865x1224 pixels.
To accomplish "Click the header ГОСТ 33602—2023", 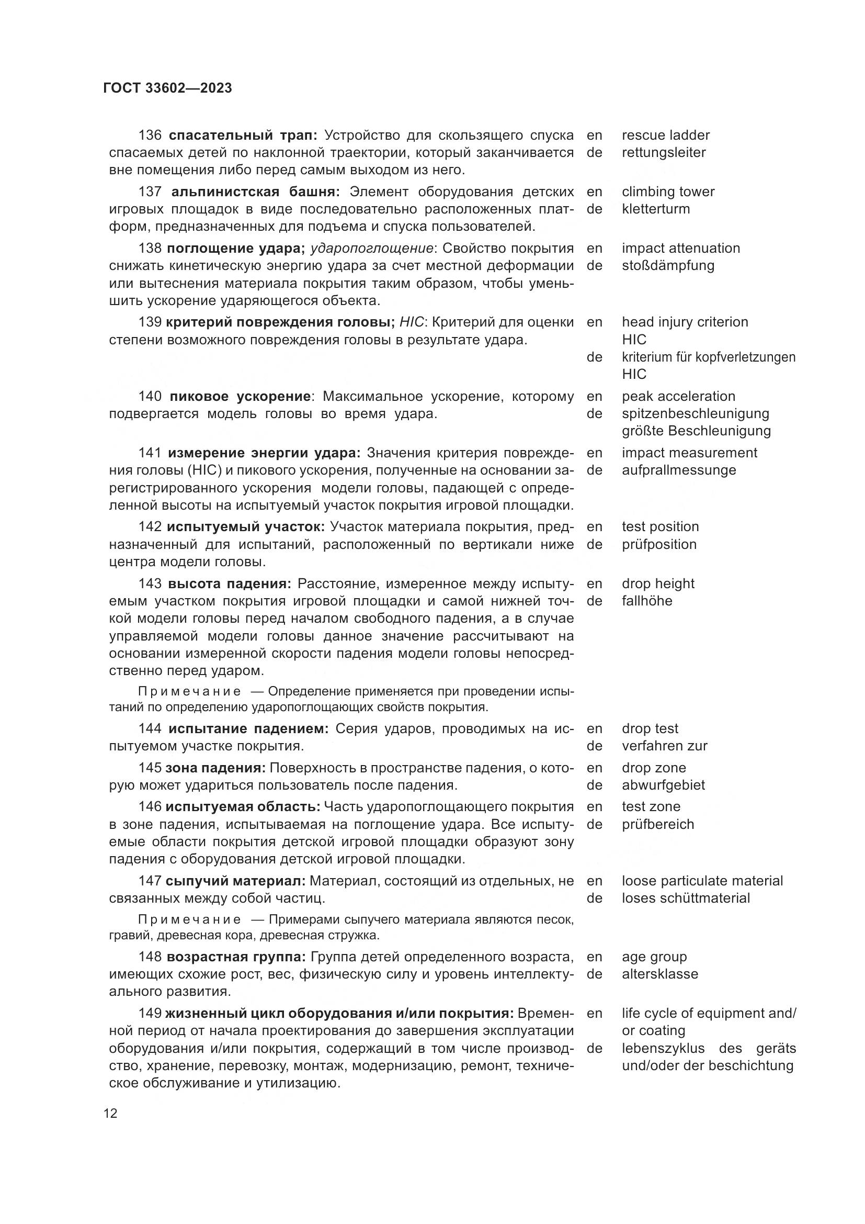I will click(x=167, y=88).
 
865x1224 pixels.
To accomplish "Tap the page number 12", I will click(x=110, y=1113).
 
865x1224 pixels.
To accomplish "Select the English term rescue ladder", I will click(x=665, y=135).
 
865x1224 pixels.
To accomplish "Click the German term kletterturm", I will click(x=655, y=209).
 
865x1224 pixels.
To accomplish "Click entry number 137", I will click(x=150, y=192).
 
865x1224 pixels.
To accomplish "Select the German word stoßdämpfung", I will click(x=667, y=265).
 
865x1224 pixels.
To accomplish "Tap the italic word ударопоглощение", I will click(x=372, y=249).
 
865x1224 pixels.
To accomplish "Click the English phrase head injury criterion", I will click(x=685, y=322).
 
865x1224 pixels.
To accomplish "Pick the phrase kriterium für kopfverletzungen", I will click(x=709, y=357).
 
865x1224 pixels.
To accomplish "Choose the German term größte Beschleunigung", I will click(x=696, y=431).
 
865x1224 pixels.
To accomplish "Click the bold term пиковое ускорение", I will click(x=240, y=396).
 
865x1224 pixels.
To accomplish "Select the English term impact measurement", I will click(x=689, y=453).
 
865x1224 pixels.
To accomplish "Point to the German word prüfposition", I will click(x=659, y=544).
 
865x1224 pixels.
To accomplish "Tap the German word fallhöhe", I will click(x=646, y=601).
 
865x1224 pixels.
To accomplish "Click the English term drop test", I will click(x=650, y=728).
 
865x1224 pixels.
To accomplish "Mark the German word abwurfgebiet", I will click(x=663, y=785).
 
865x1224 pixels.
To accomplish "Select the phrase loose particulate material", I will click(x=702, y=881).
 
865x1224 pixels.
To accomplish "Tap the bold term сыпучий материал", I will click(x=235, y=881).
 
